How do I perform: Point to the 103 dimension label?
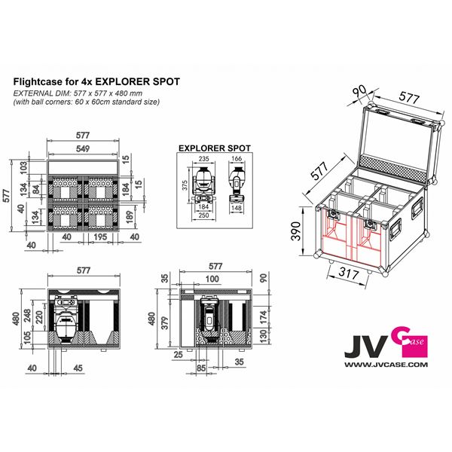(x=23, y=166)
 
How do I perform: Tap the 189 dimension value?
(x=128, y=218)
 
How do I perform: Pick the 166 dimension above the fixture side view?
(x=238, y=159)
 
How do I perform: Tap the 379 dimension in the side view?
(x=167, y=315)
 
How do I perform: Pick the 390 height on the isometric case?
(x=296, y=229)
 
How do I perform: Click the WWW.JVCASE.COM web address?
(x=386, y=364)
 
